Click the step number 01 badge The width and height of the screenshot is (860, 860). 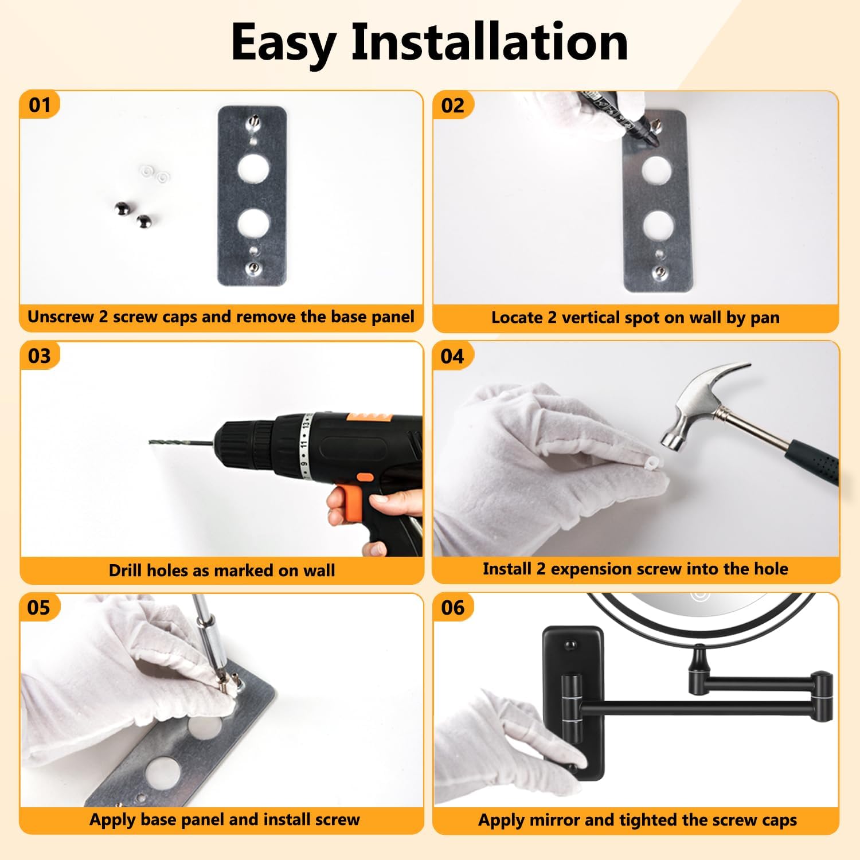pos(40,105)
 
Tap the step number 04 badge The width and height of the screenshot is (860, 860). pos(452,356)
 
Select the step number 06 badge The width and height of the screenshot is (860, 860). pos(452,607)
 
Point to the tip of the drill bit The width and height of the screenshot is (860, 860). pos(150,441)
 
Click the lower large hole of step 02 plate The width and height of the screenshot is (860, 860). pos(658,225)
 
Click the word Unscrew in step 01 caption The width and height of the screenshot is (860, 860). pos(61,316)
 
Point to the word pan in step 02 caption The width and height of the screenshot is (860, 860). pos(765,319)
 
